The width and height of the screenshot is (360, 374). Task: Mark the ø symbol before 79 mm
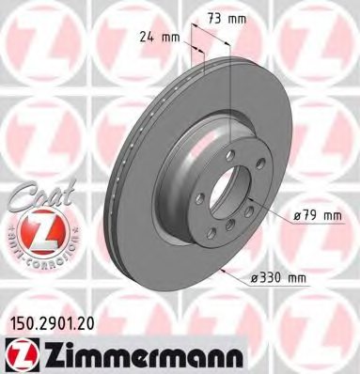coord(297,215)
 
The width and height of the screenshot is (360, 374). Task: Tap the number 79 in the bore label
coord(311,215)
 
